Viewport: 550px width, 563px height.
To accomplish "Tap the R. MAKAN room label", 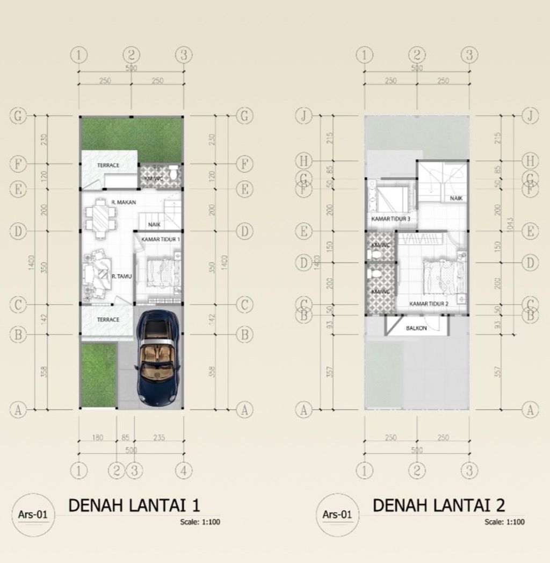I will pyautogui.click(x=124, y=202).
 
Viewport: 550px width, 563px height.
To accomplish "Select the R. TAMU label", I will pyautogui.click(x=121, y=276).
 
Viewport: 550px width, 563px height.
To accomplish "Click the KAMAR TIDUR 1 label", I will pyautogui.click(x=161, y=238).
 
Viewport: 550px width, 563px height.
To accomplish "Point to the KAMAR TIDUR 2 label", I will pyautogui.click(x=429, y=304).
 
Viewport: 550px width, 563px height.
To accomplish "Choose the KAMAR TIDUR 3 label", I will pyautogui.click(x=390, y=219).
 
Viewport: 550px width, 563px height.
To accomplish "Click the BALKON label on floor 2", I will pyautogui.click(x=416, y=328).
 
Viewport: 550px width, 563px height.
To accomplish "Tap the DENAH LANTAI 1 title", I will pyautogui.click(x=134, y=505).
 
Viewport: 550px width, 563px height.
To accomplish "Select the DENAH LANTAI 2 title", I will pyautogui.click(x=439, y=505).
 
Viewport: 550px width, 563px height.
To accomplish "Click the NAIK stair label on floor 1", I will pyautogui.click(x=154, y=225).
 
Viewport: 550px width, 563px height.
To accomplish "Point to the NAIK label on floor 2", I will pyautogui.click(x=456, y=198).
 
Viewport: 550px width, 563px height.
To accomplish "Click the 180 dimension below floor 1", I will pyautogui.click(x=97, y=438).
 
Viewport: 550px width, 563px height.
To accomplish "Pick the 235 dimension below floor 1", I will pyautogui.click(x=158, y=438).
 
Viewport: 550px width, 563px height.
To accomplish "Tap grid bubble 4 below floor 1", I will pyautogui.click(x=184, y=471).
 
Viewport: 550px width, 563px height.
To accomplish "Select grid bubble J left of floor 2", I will pyautogui.click(x=305, y=116).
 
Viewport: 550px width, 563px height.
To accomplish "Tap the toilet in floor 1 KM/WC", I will pyautogui.click(x=173, y=173).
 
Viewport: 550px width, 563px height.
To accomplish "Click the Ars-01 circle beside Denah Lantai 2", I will pyautogui.click(x=337, y=515).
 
